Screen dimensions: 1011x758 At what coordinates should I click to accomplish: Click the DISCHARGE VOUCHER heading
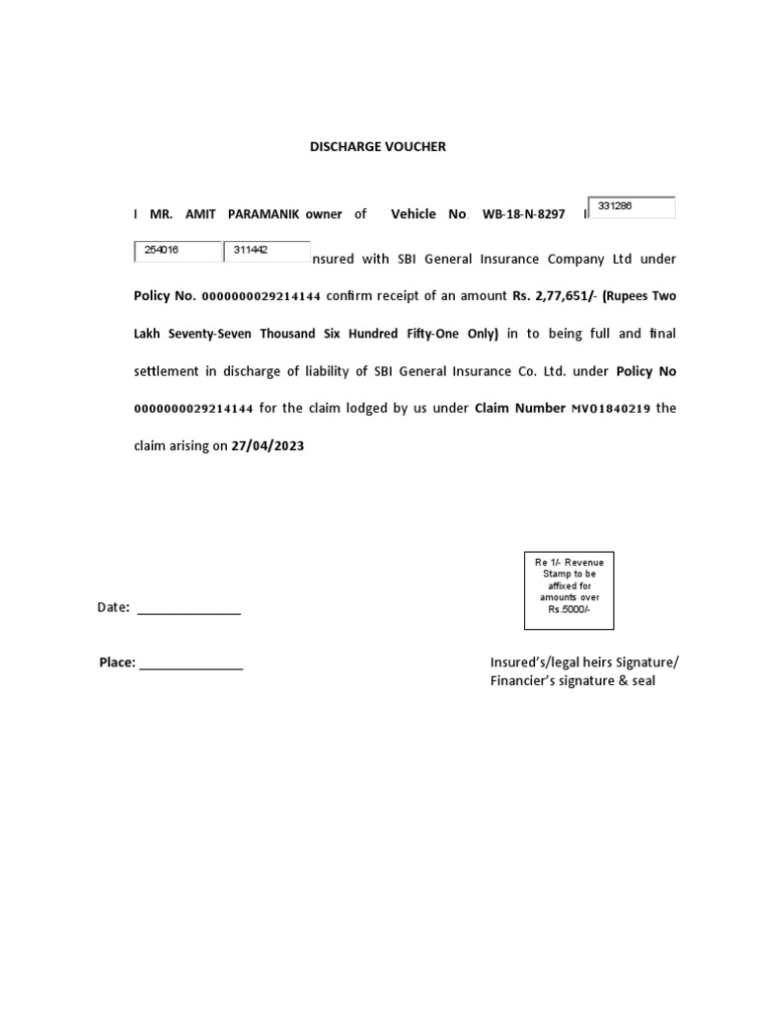tap(378, 146)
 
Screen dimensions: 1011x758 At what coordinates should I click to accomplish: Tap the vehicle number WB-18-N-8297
tap(523, 213)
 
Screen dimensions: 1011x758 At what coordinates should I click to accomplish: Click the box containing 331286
tap(632, 207)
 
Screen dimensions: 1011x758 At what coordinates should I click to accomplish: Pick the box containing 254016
tap(178, 251)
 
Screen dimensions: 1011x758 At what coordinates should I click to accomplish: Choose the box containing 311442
tap(266, 251)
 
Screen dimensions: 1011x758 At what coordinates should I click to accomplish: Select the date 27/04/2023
tap(267, 446)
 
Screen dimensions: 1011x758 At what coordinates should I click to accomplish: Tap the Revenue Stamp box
tap(568, 590)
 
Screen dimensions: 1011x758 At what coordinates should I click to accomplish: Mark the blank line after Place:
tap(191, 664)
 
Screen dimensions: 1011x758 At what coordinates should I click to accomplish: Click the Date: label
tap(114, 608)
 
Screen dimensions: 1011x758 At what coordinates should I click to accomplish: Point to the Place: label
tap(116, 662)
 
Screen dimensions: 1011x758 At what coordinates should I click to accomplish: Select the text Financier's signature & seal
tap(572, 681)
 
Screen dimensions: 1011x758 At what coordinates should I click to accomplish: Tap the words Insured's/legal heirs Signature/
tap(584, 661)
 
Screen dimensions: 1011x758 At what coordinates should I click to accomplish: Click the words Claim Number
tap(520, 409)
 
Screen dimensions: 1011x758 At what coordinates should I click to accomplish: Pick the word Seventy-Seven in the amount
tap(213, 334)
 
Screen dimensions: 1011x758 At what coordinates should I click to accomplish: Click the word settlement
tap(169, 371)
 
